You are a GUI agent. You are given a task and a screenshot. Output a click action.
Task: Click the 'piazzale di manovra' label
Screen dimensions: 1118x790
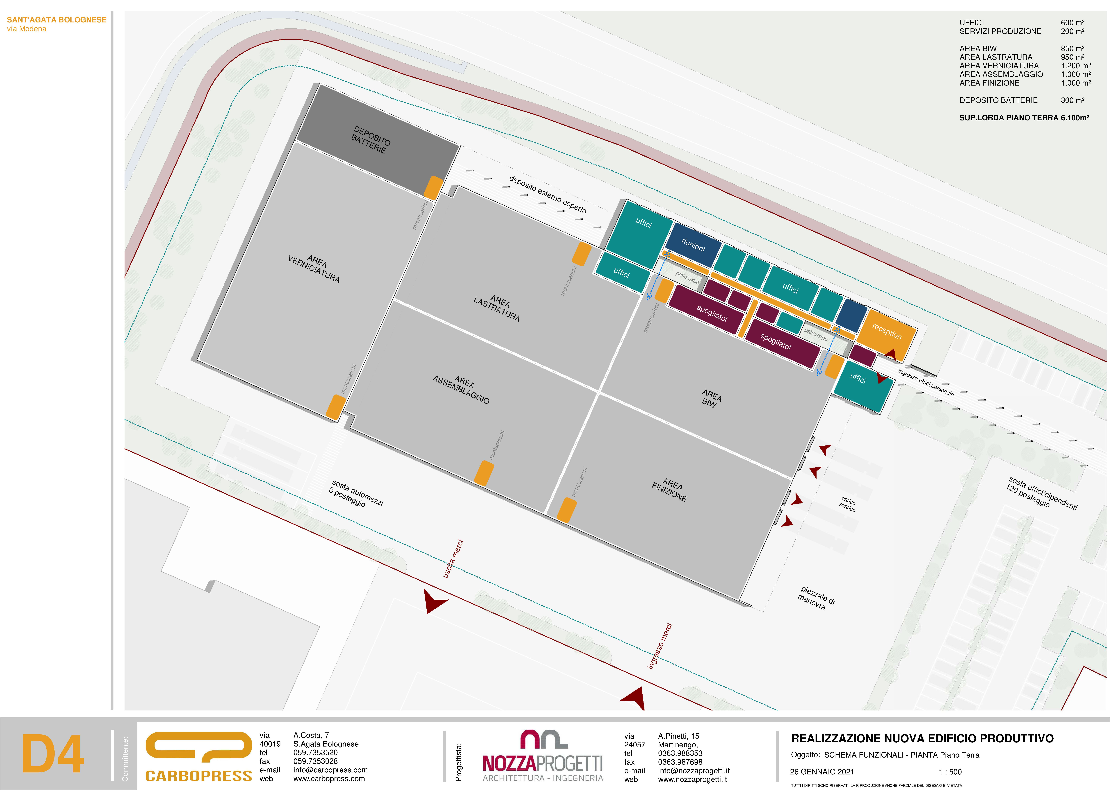(817, 598)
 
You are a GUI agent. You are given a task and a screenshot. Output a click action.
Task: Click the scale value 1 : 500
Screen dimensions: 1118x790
(950, 771)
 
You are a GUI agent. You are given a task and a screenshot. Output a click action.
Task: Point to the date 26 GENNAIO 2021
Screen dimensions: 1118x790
(822, 771)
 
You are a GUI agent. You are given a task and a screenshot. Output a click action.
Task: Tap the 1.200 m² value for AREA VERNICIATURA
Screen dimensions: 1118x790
(1076, 66)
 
